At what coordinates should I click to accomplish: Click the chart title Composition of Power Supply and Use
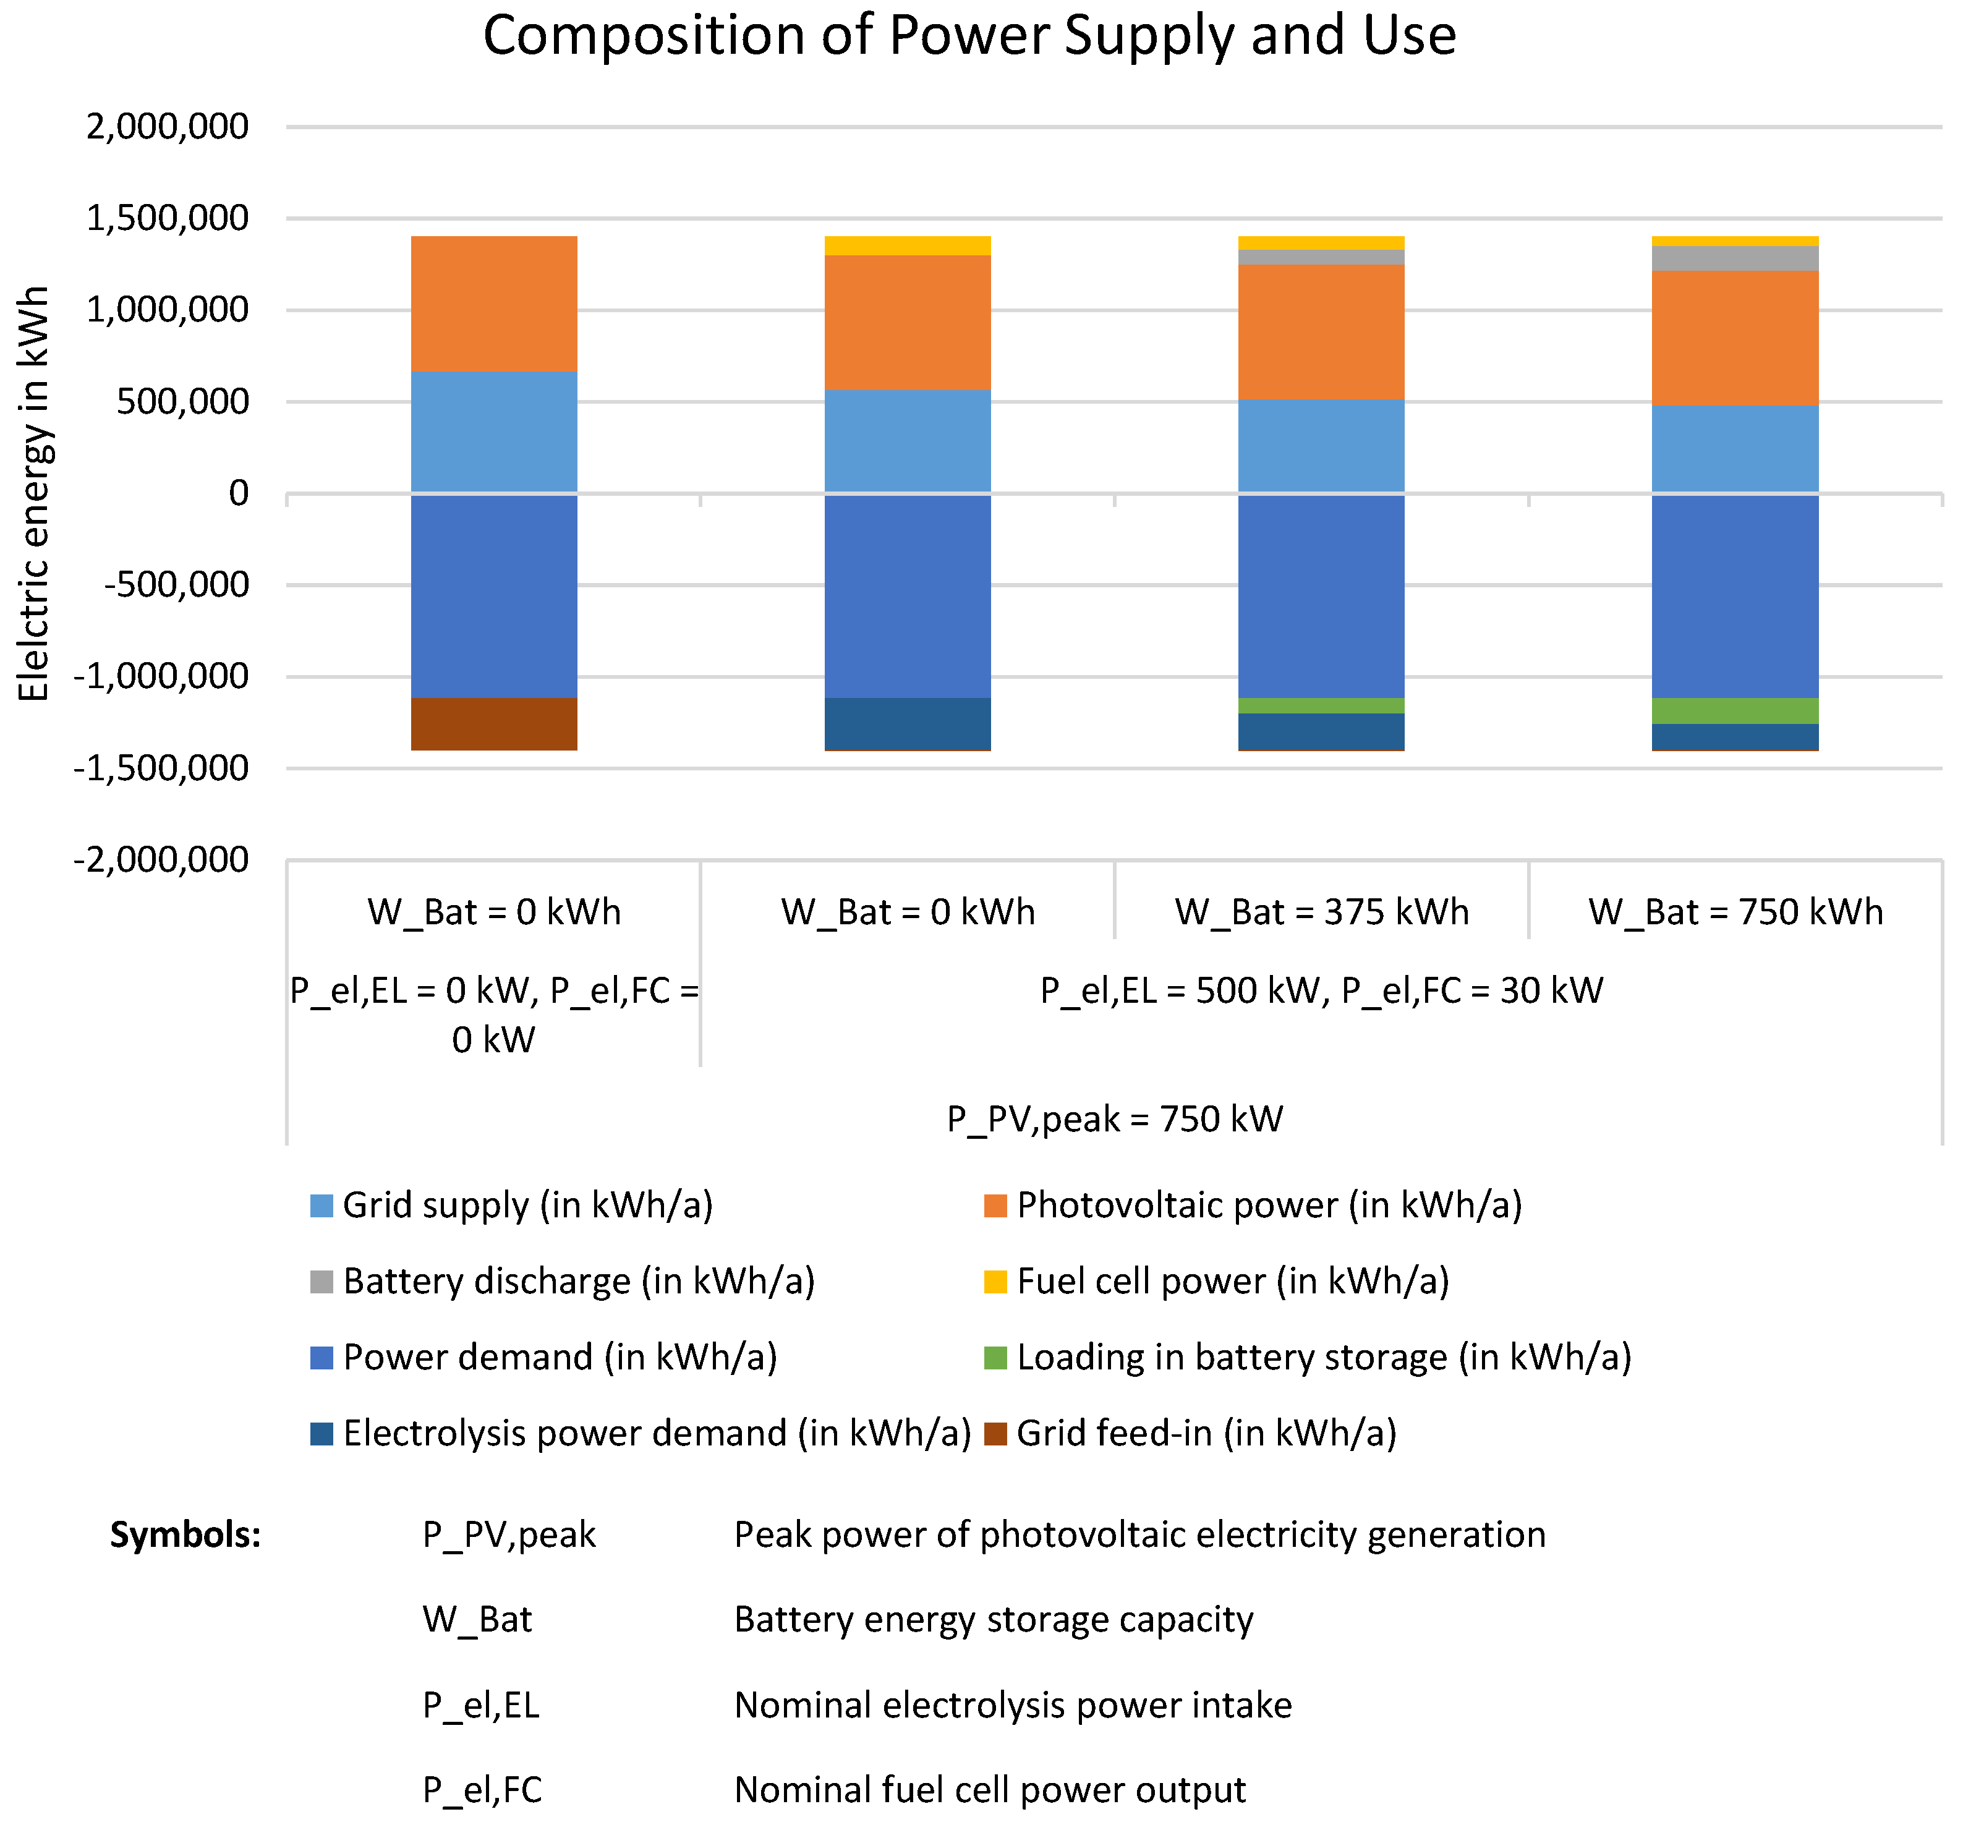click(x=969, y=36)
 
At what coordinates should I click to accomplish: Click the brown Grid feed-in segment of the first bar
click(x=494, y=724)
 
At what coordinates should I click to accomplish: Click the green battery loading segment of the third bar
click(x=1321, y=705)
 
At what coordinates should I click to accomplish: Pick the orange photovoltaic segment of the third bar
click(x=1321, y=332)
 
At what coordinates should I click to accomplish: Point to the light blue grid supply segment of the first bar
click(x=494, y=432)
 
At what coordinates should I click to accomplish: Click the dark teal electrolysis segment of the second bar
click(x=908, y=724)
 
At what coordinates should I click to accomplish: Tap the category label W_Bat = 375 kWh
click(x=1321, y=911)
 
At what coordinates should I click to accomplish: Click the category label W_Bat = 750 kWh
click(x=1735, y=911)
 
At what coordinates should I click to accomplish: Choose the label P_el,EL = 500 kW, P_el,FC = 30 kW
click(x=1321, y=990)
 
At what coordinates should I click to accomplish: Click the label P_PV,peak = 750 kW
click(x=1115, y=1119)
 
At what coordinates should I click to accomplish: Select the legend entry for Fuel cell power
click(x=1232, y=1281)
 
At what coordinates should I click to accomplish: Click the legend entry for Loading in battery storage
click(x=1323, y=1357)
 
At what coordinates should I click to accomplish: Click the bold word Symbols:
click(x=185, y=1534)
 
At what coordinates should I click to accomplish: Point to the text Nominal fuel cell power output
click(x=989, y=1790)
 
